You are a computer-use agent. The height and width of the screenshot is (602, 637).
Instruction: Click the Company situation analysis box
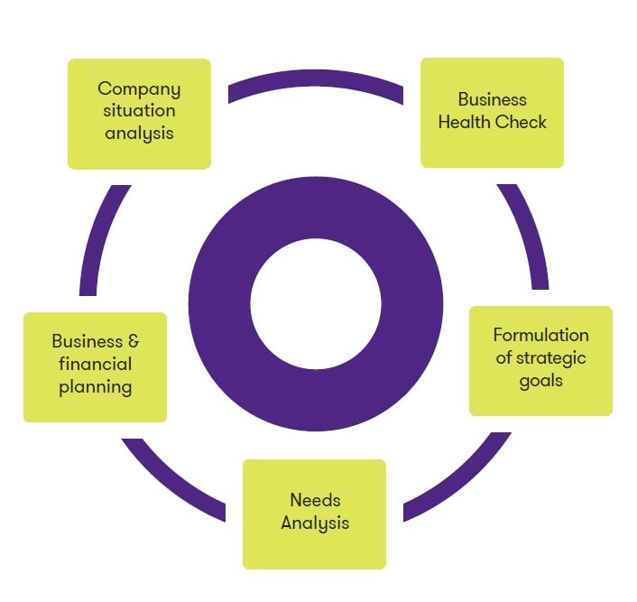tap(139, 114)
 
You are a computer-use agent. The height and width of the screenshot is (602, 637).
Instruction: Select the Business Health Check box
tap(492, 113)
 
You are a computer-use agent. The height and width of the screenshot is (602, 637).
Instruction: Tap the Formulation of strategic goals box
tap(540, 360)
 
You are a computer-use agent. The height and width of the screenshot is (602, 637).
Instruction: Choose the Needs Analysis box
tap(314, 514)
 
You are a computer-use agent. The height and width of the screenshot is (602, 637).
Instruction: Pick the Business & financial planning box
tap(95, 366)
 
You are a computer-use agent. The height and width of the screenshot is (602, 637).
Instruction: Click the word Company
tap(139, 89)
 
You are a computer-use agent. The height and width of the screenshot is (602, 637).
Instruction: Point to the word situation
tap(139, 111)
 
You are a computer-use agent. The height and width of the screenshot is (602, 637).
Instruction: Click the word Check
tap(522, 122)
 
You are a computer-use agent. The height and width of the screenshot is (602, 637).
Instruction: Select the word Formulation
tap(540, 335)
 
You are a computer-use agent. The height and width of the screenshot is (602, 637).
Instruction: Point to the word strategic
tap(551, 357)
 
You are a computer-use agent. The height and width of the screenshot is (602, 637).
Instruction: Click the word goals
tap(540, 380)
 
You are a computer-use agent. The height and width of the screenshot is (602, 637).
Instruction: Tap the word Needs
tap(314, 500)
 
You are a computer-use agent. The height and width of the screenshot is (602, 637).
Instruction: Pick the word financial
tap(95, 365)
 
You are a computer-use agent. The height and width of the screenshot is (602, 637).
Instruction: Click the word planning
tap(95, 387)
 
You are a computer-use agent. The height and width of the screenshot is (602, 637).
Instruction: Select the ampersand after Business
tap(132, 342)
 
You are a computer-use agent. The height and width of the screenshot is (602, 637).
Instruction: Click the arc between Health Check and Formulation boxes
tap(529, 235)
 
